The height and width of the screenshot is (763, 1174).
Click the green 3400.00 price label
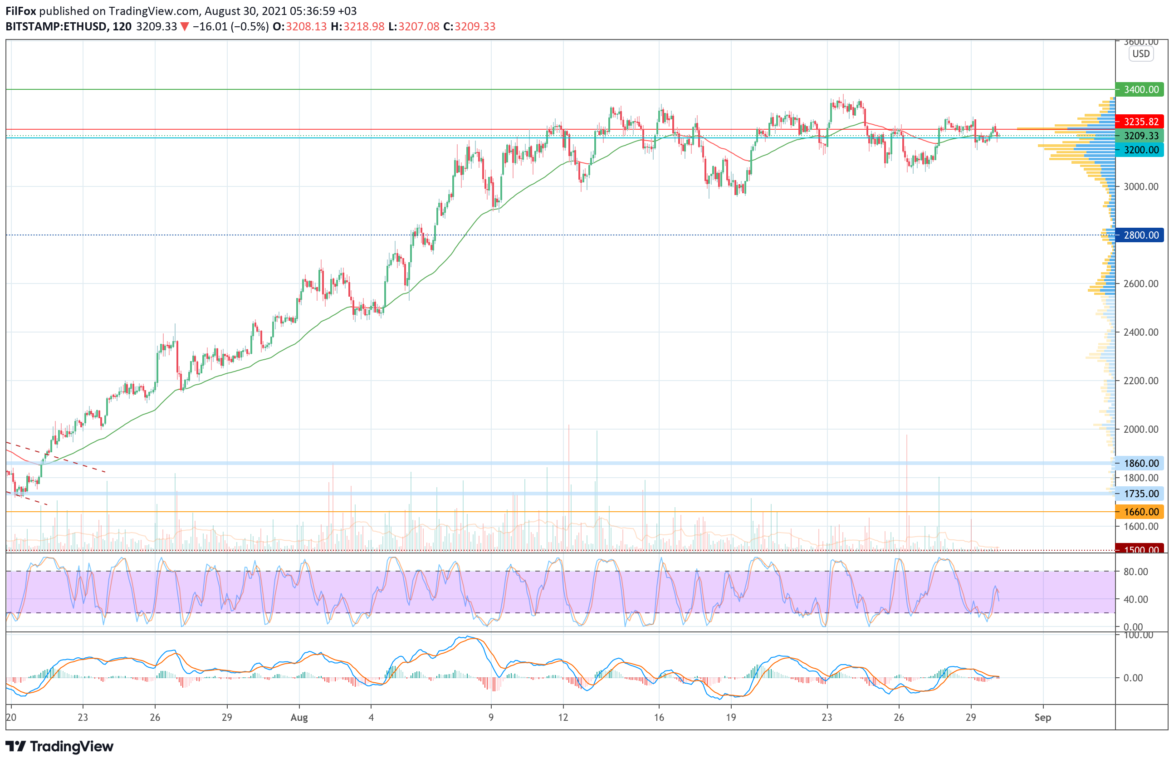tap(1140, 89)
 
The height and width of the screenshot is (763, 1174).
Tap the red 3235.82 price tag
tap(1140, 121)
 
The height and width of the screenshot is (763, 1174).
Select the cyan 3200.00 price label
tap(1140, 150)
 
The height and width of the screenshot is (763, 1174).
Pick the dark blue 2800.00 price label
tap(1140, 235)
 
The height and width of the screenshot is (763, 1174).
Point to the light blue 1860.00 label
tap(1140, 463)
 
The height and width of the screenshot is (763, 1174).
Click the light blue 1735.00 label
tap(1140, 493)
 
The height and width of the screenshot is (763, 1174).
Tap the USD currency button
tap(1141, 54)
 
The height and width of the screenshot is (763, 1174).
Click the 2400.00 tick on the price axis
tap(1140, 332)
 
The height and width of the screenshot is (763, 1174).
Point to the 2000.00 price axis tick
tap(1140, 429)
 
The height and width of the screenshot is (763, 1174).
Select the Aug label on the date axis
tap(299, 717)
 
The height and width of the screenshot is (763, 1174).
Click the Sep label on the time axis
tap(1042, 717)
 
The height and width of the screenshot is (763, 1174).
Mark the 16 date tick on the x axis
tap(659, 717)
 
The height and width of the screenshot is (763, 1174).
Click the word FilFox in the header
tap(21, 11)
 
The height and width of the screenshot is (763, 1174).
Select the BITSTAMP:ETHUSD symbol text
tap(56, 27)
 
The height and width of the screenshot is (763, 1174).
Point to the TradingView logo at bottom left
tap(59, 746)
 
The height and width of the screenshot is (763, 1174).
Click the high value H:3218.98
tap(357, 27)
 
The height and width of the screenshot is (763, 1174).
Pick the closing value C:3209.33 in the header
tap(469, 27)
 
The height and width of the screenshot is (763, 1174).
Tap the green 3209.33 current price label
tap(1140, 136)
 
